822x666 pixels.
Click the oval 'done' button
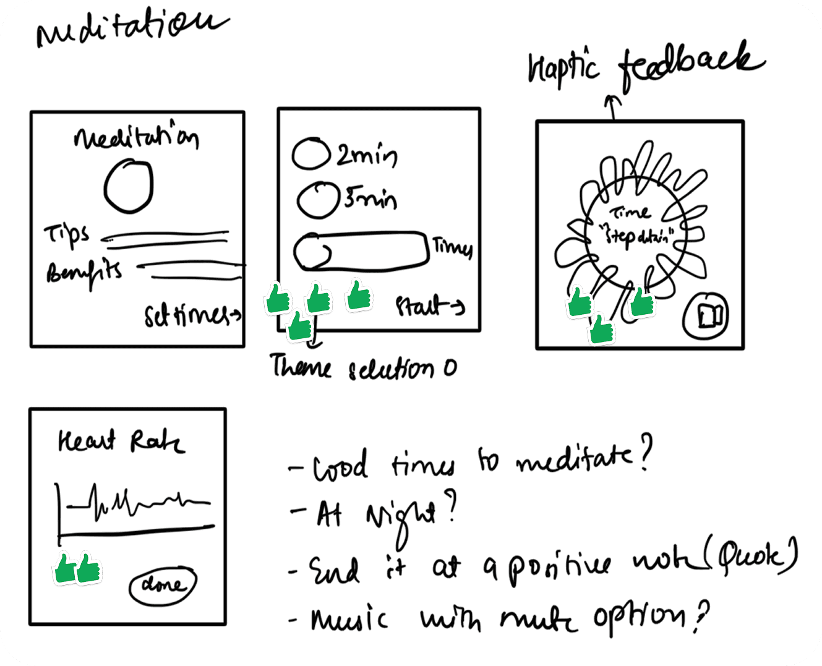pos(163,584)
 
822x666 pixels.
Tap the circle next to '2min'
pos(310,155)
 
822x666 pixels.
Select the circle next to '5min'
pos(317,199)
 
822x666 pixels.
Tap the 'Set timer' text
pos(191,317)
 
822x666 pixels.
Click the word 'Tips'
pos(66,235)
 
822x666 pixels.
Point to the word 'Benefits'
pos(84,271)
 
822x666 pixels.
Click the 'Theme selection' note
pos(364,368)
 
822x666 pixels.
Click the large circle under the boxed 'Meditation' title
pos(128,186)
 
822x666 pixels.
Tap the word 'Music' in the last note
pos(350,618)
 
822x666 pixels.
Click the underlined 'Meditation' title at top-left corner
pos(130,28)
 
